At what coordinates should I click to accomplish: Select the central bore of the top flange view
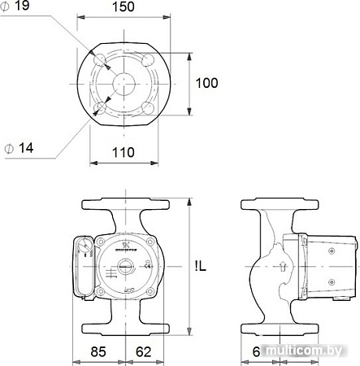click(127, 83)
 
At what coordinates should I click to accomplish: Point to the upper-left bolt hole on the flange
click(102, 61)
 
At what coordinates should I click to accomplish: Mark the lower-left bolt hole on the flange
click(102, 106)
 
